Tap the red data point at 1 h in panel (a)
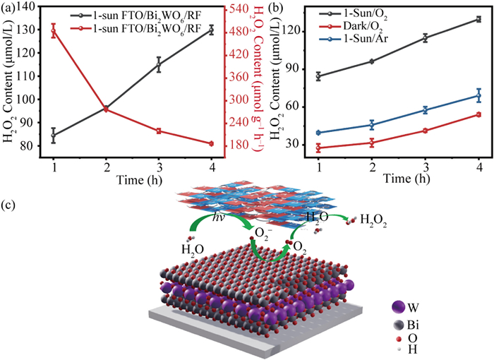coord(54,32)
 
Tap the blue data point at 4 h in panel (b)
coord(479,95)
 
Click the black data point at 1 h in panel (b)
coord(319,76)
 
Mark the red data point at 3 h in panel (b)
coord(426,131)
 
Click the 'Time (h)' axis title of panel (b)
coord(399,179)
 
